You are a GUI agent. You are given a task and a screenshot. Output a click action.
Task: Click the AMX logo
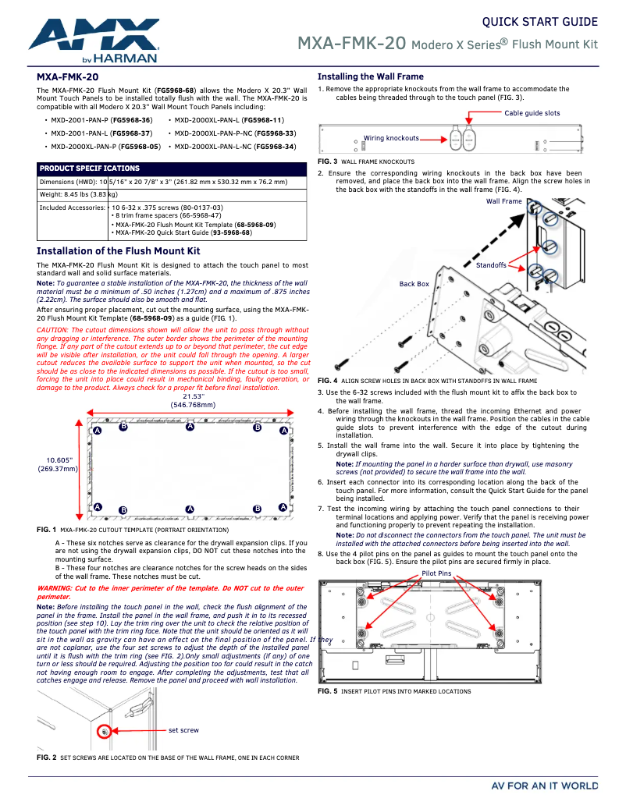pos(94,41)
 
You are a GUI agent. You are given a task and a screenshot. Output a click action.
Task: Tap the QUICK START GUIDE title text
pos(539,22)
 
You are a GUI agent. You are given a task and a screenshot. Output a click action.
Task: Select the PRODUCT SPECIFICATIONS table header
pos(89,169)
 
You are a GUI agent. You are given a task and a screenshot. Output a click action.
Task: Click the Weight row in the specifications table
pos(78,194)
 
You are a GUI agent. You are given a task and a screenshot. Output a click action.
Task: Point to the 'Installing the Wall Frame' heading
pos(370,76)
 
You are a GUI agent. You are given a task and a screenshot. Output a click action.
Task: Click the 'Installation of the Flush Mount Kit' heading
pos(118,250)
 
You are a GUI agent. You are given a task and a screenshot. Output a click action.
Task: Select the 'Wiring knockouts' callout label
pos(391,138)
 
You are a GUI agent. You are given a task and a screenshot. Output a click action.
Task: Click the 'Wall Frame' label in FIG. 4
pos(503,201)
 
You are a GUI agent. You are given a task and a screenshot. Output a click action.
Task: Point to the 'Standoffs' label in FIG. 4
pos(491,265)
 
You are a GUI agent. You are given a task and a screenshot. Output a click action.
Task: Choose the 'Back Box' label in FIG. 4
pos(414,284)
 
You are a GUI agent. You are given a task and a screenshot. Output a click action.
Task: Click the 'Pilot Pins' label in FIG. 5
pos(436,573)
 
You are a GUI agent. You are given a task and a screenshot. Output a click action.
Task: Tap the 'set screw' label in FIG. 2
pos(183,730)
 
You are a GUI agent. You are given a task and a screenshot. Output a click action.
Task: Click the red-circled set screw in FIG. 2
pos(104,732)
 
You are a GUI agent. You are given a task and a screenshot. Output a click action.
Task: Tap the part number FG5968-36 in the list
pos(132,120)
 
